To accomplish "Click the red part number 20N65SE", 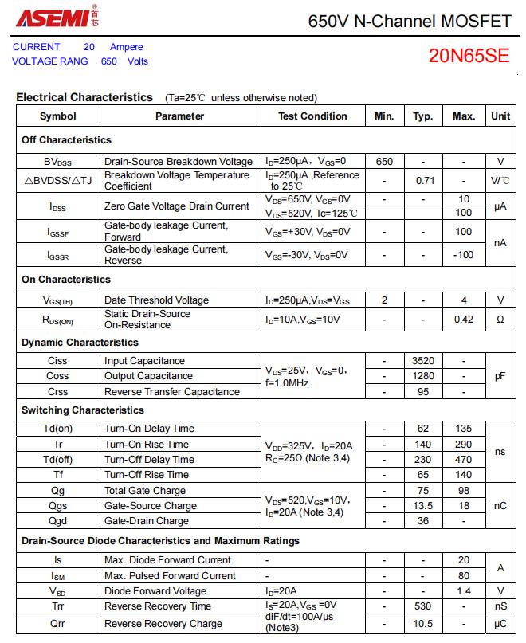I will (468, 56).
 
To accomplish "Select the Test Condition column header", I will (312, 116).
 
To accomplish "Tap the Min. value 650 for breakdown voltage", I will (384, 161).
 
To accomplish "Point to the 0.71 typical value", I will (423, 181).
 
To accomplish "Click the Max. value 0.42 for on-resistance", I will (463, 320).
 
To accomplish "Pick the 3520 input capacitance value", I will (423, 361).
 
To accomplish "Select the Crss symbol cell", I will (58, 392).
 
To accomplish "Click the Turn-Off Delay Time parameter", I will (149, 460).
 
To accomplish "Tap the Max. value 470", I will (463, 460).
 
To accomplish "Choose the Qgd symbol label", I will (58, 521).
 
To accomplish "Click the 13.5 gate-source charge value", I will (423, 506).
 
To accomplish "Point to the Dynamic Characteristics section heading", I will (80, 343).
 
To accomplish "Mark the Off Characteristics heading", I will (66, 140).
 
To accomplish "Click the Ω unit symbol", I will (500, 320).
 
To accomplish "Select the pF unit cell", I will (500, 376).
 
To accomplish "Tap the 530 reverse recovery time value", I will (423, 607).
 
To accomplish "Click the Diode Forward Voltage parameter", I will (155, 591).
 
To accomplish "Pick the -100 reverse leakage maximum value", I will (463, 255).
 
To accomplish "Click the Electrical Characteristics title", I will (84, 98).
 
